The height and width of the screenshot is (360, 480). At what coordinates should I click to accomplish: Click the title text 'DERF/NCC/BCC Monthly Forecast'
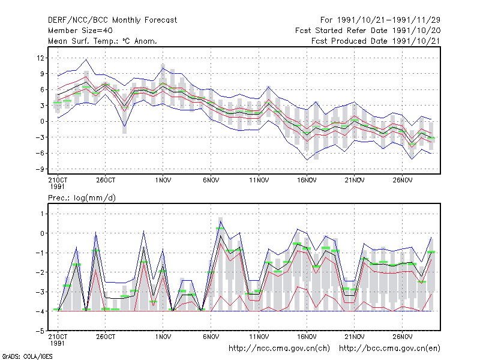112,20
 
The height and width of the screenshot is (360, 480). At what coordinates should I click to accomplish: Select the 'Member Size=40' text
80,31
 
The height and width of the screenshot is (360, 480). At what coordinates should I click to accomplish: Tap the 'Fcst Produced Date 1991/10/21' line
376,41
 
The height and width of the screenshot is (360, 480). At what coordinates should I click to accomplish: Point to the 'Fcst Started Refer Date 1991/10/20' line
368,31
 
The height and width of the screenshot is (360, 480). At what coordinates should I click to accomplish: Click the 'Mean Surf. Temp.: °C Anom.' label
102,41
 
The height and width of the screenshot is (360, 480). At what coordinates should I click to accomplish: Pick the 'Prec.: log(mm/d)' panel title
82,198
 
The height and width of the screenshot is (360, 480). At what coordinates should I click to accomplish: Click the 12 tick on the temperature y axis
41,58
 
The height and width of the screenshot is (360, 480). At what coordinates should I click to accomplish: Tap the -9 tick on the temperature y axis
40,169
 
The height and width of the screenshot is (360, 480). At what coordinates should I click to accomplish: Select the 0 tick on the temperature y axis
42,122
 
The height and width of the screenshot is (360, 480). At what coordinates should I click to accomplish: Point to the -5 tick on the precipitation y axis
40,331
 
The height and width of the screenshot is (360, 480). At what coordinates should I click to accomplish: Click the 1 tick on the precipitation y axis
42,214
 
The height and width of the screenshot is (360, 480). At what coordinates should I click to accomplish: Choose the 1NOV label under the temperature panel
163,181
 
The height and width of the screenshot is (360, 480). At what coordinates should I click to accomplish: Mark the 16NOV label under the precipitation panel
307,337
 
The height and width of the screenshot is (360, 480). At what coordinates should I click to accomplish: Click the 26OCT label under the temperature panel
106,181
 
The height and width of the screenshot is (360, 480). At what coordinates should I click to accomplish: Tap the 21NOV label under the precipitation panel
355,337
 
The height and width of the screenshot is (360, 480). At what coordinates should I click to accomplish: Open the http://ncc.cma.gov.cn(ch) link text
279,349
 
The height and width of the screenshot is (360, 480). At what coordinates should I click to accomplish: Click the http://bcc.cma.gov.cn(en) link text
389,349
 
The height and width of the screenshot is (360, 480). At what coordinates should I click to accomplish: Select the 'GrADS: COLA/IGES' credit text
27,356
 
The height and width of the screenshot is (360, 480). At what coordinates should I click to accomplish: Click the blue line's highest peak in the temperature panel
86,59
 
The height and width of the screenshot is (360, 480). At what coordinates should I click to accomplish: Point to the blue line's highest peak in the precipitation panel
221,221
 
